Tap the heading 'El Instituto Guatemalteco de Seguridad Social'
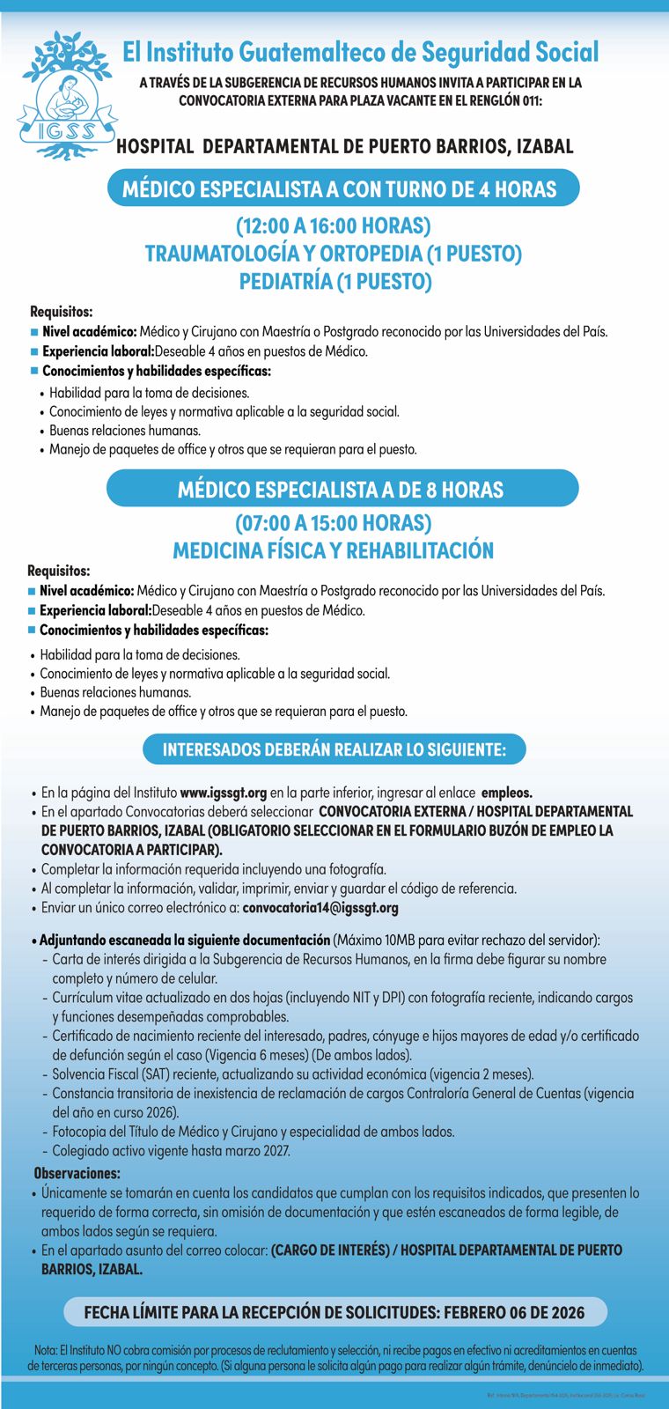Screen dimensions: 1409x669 (x=360, y=53)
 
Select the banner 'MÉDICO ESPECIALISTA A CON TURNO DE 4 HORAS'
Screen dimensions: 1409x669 (x=340, y=189)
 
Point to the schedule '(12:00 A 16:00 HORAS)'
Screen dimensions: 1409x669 (x=333, y=226)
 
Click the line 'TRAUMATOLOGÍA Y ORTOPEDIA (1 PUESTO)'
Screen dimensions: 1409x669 (x=334, y=254)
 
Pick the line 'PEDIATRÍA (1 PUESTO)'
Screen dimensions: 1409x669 (x=335, y=282)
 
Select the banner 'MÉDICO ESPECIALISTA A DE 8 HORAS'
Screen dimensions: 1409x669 (x=341, y=490)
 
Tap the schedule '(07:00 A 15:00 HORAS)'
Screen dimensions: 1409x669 (x=333, y=523)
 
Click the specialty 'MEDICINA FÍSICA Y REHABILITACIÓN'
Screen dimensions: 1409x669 (x=333, y=551)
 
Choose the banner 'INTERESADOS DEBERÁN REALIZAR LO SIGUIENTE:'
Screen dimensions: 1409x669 (x=334, y=750)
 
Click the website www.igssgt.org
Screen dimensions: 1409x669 (x=224, y=793)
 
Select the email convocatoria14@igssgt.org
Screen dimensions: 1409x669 (x=320, y=908)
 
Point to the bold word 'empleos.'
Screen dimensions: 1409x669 (x=507, y=793)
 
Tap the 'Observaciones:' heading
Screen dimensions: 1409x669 (x=77, y=1173)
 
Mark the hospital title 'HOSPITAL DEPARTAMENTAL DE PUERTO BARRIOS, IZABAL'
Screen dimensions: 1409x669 (x=345, y=147)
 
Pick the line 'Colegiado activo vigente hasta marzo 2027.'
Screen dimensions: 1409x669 (x=171, y=1151)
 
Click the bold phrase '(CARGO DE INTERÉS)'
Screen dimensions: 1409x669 (x=330, y=1250)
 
